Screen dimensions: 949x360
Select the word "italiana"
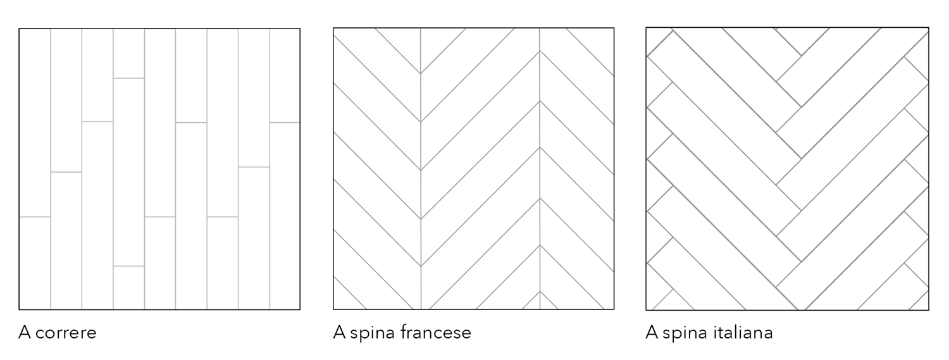point(743,332)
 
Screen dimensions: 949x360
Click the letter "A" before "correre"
point(25,332)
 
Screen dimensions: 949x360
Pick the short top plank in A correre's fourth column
point(129,53)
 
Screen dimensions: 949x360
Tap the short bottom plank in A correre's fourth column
point(129,288)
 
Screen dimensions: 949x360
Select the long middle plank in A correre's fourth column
point(129,172)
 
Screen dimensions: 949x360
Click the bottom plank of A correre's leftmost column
point(35,263)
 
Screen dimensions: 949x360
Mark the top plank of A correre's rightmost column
point(285,75)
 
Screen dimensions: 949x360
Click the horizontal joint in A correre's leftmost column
point(35,217)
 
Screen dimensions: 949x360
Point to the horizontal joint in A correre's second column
point(66,172)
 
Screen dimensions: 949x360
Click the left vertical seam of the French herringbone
point(421,168)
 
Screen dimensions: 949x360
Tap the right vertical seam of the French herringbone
point(540,168)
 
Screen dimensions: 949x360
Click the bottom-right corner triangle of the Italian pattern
point(920,302)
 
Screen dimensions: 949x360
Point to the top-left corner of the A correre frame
point(19,28)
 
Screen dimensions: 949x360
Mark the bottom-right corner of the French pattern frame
point(614,309)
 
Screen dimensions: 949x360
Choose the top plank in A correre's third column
point(97,75)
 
